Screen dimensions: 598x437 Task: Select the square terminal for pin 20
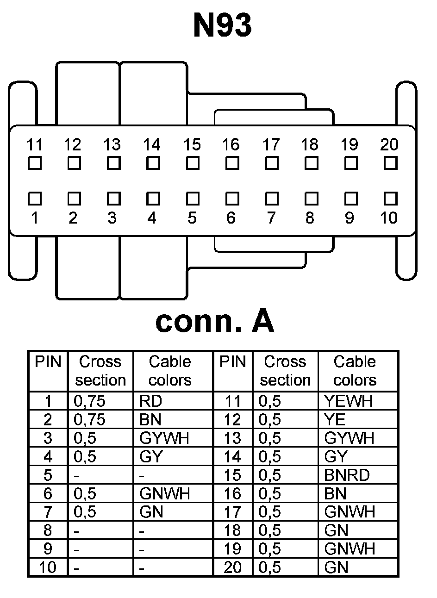pyautogui.click(x=390, y=163)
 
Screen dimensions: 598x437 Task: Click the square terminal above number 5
pyautogui.click(x=192, y=199)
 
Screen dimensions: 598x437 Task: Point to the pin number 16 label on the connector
pyautogui.click(x=231, y=145)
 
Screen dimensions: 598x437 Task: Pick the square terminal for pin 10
pyautogui.click(x=390, y=199)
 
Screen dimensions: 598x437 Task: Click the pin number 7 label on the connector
pyautogui.click(x=271, y=218)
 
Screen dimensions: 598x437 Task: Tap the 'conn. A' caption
pyautogui.click(x=215, y=321)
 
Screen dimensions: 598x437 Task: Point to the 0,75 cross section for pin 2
pyautogui.click(x=89, y=419)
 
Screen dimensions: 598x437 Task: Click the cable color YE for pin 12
pyautogui.click(x=335, y=419)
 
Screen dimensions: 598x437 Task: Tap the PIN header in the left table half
pyautogui.click(x=48, y=361)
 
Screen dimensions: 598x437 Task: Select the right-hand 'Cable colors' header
pyautogui.click(x=355, y=371)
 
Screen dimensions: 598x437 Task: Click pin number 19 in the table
pyautogui.click(x=232, y=549)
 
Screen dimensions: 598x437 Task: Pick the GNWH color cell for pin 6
pyautogui.click(x=164, y=493)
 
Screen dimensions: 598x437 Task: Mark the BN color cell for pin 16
pyautogui.click(x=335, y=493)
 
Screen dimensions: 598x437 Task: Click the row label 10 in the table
pyautogui.click(x=48, y=567)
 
